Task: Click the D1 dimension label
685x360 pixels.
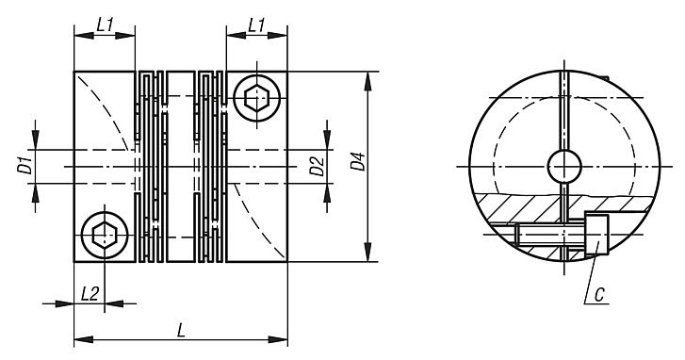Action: [27, 167]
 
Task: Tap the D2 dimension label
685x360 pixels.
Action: [318, 167]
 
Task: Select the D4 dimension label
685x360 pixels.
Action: [359, 161]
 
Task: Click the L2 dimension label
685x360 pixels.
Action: [90, 294]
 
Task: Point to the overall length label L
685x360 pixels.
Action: [181, 331]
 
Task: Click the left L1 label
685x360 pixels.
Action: [105, 25]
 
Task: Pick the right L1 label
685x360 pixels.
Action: [256, 25]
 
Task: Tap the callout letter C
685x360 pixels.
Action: [599, 295]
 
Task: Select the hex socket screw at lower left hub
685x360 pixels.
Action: [105, 236]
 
